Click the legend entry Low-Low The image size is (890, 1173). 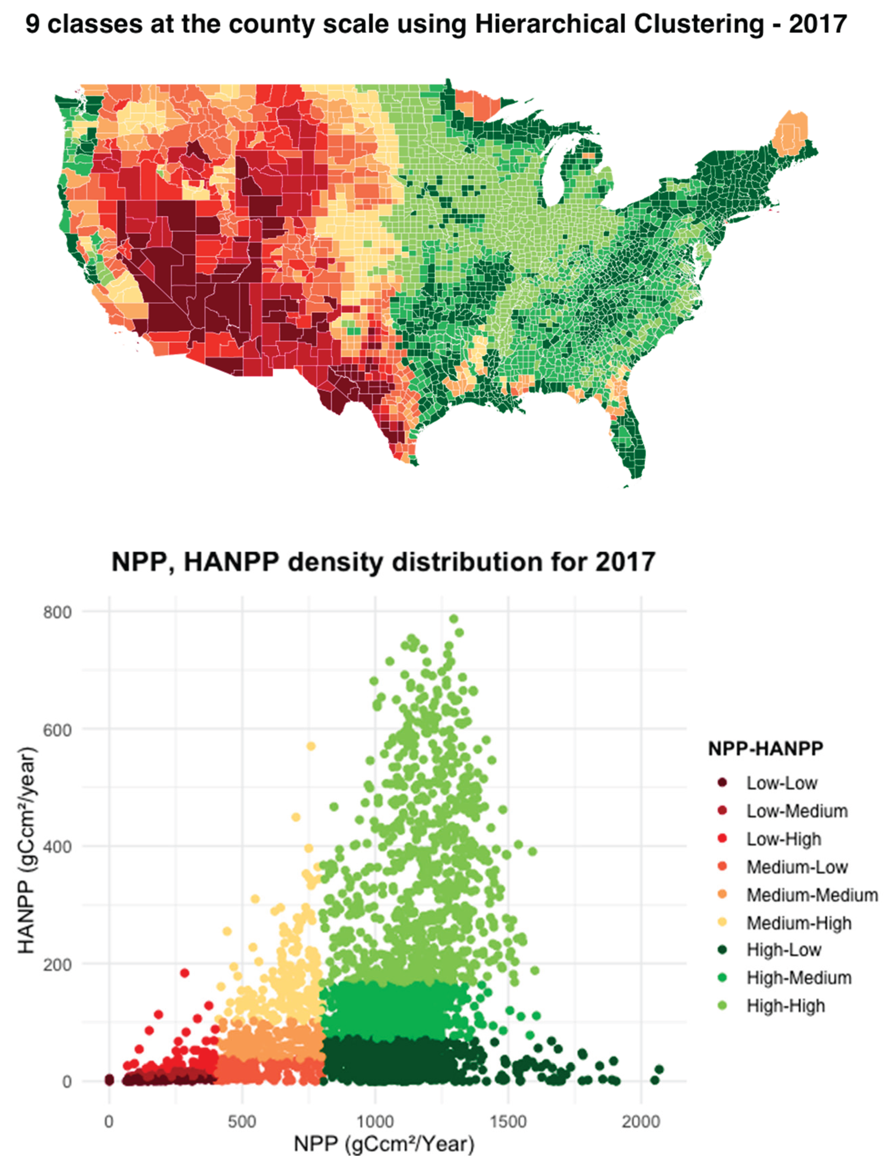tap(781, 783)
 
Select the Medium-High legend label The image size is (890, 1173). tap(799, 923)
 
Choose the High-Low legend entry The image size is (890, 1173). tap(783, 949)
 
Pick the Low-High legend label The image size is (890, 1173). tap(783, 839)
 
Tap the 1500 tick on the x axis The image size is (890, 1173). tap(508, 1122)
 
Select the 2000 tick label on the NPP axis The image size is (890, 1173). tap(641, 1122)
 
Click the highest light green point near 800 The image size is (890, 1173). tap(454, 619)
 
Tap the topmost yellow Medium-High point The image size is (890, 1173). tap(311, 746)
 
